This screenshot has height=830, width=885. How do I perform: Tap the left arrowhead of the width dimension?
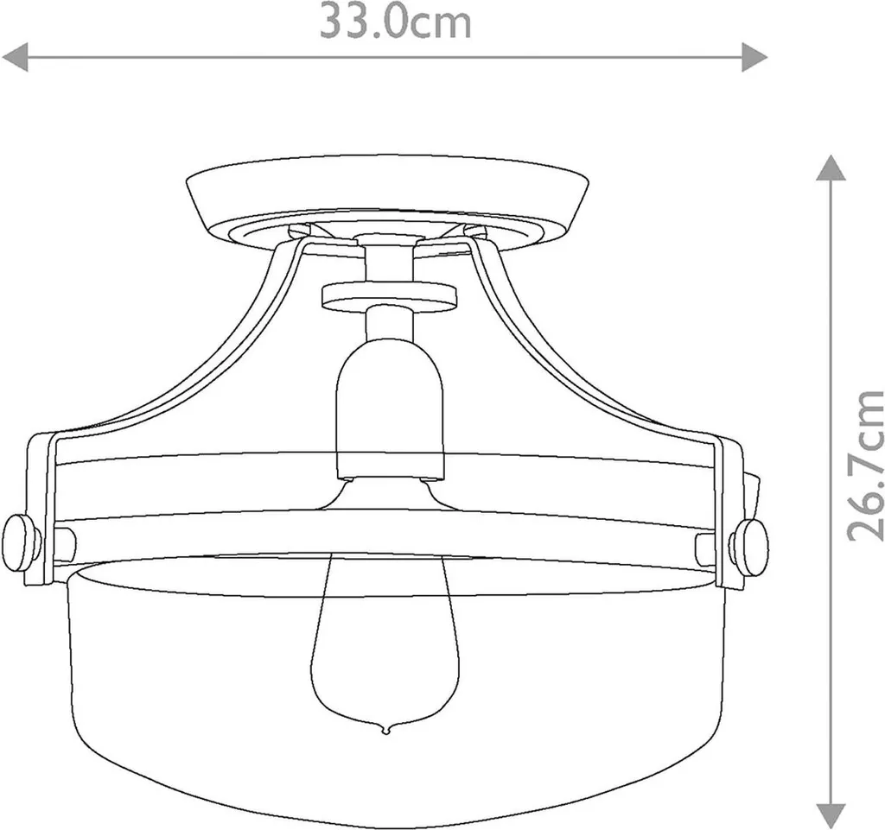16,57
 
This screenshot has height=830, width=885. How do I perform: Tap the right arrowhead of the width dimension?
754,57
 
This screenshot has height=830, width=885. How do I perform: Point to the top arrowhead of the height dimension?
831,168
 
